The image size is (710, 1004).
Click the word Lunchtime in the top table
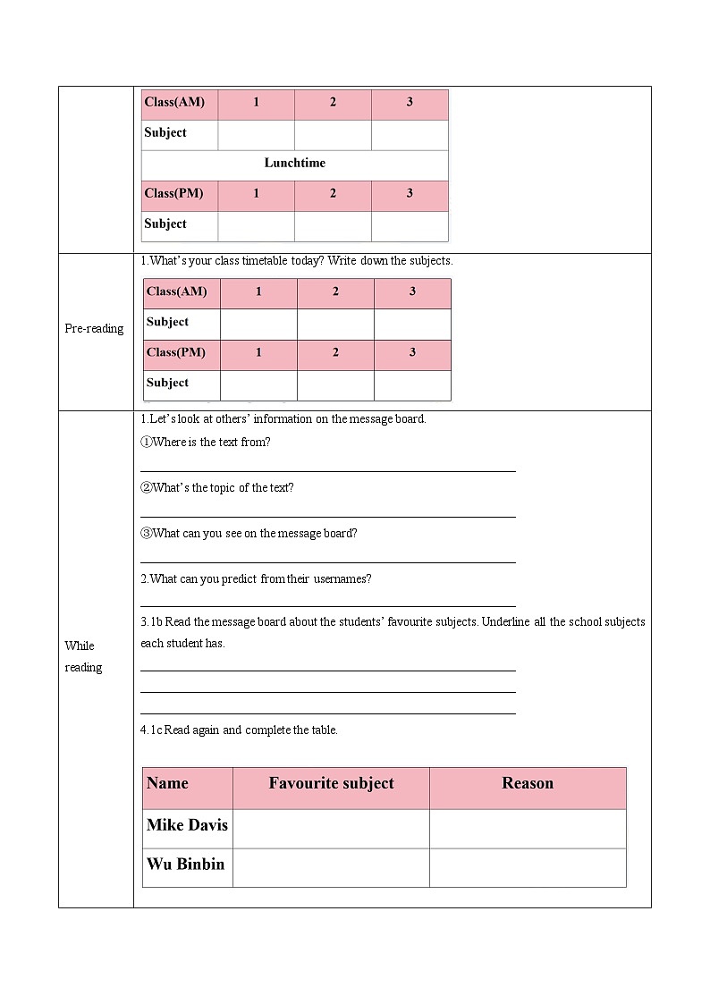[294, 163]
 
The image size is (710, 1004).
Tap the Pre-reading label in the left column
[94, 328]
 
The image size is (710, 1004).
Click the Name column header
[168, 783]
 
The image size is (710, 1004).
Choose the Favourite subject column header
[331, 783]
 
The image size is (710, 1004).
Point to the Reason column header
[528, 783]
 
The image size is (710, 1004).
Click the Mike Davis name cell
[187, 825]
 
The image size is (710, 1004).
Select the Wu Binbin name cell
[186, 865]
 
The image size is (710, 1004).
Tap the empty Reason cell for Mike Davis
[528, 828]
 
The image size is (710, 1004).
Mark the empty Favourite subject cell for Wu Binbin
[331, 867]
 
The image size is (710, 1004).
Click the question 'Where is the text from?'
[206, 442]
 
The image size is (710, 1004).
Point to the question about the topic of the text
[217, 487]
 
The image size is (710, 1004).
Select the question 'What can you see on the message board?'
[249, 533]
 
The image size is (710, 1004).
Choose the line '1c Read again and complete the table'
[240, 730]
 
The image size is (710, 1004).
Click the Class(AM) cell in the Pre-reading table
[177, 291]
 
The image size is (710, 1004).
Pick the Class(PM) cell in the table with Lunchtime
[174, 193]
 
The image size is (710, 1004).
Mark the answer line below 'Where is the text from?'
[328, 469]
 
